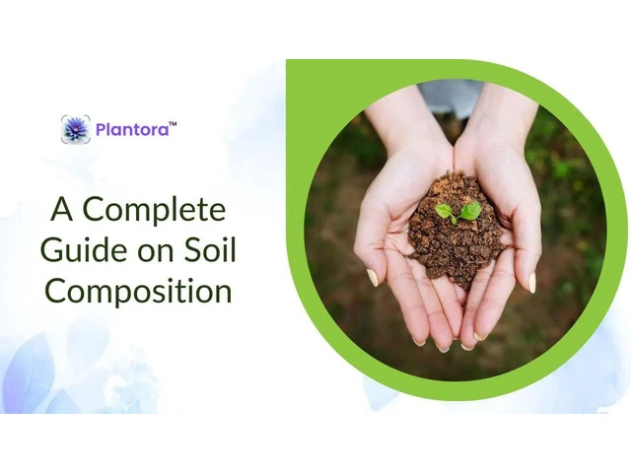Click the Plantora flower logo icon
(x=76, y=129)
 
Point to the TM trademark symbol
(x=173, y=124)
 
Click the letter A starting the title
(x=61, y=209)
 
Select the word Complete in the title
(x=154, y=210)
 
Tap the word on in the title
(x=157, y=254)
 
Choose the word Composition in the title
(x=138, y=292)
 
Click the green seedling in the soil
(x=458, y=212)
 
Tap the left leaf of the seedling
(x=444, y=211)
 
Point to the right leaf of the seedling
(x=470, y=210)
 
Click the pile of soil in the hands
(x=456, y=229)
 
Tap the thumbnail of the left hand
(x=373, y=278)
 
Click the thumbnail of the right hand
(x=532, y=283)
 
